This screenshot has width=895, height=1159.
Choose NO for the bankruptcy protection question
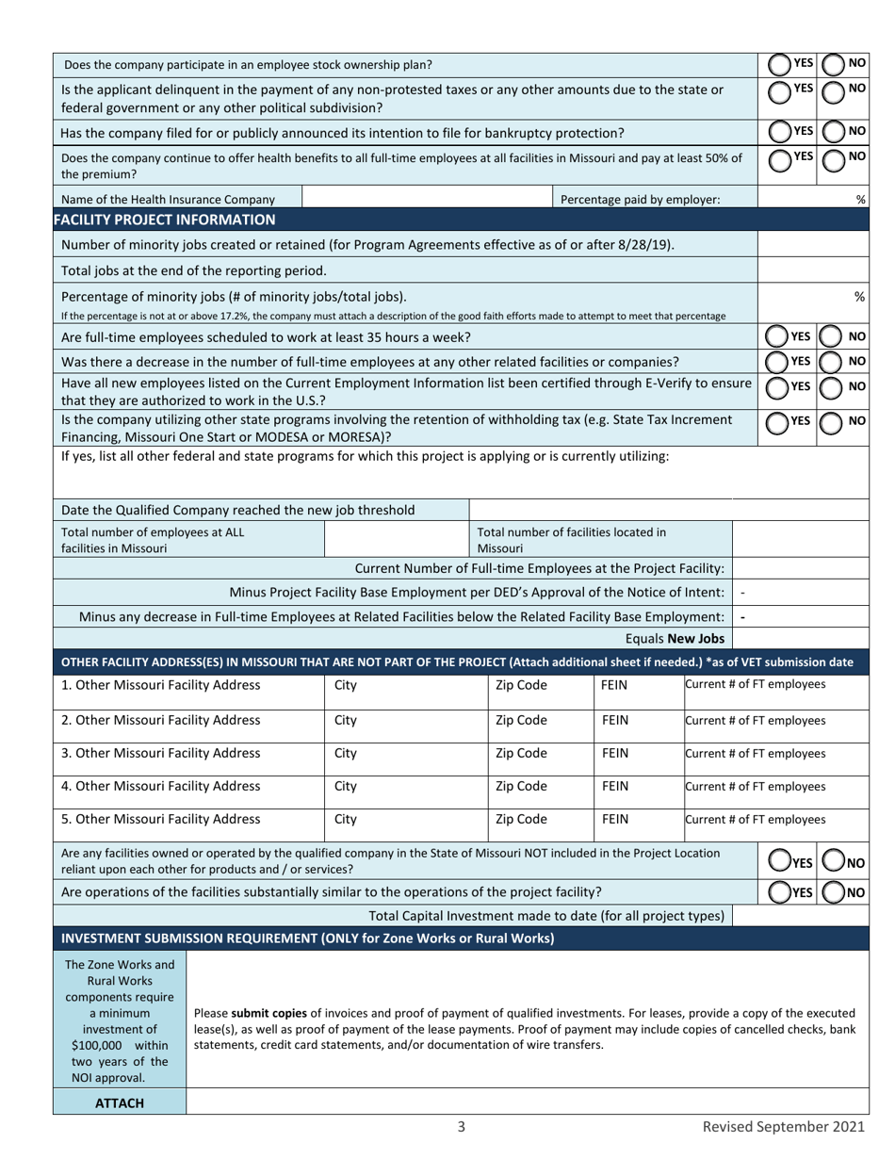pyautogui.click(x=834, y=133)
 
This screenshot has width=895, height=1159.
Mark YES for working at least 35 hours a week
pyautogui.click(x=777, y=336)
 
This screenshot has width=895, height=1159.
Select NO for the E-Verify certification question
pyautogui.click(x=832, y=387)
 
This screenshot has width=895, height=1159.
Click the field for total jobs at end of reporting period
pyautogui.click(x=812, y=270)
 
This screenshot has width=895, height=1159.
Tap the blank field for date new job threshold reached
pyautogui.click(x=669, y=510)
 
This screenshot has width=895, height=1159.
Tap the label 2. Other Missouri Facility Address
pyautogui.click(x=161, y=721)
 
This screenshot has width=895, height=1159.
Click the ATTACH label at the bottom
pyautogui.click(x=120, y=1103)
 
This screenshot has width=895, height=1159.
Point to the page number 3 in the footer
pyautogui.click(x=462, y=1127)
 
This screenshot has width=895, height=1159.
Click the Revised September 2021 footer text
pyautogui.click(x=783, y=1127)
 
